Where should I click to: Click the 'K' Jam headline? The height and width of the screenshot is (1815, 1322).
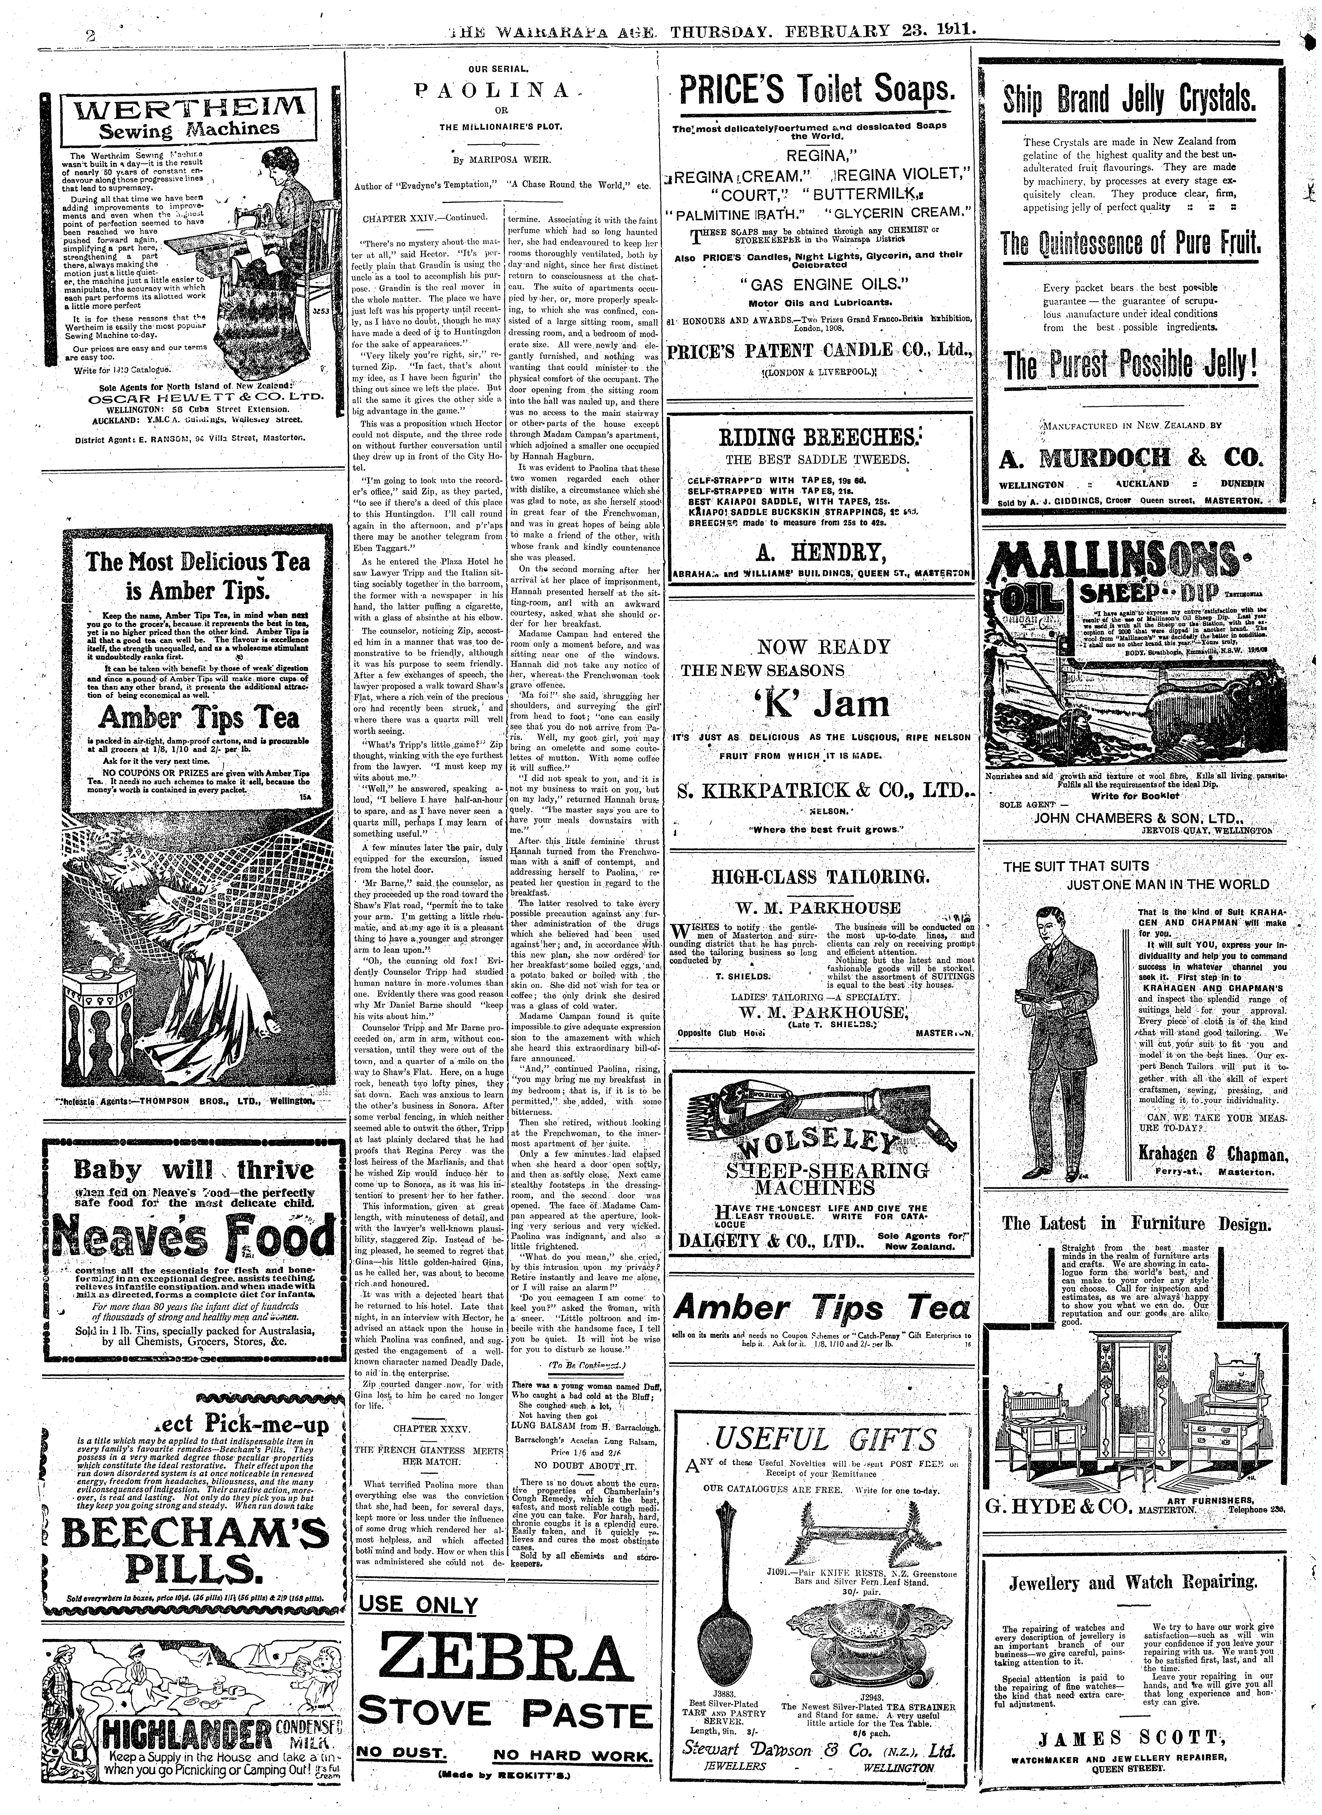coord(824,704)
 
